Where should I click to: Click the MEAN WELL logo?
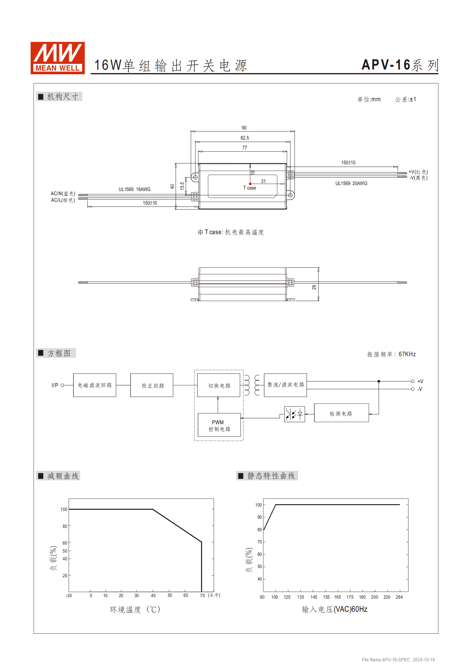(57, 58)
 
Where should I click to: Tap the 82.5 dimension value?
(244, 138)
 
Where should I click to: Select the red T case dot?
(250, 184)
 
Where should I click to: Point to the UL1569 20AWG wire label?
(351, 183)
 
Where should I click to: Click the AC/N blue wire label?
(63, 193)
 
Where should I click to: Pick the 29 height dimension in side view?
(314, 287)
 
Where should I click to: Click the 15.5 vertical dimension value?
(182, 186)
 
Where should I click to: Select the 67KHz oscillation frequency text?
(407, 354)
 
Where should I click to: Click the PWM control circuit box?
(219, 425)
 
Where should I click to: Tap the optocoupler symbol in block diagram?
(294, 414)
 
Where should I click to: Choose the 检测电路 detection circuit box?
(341, 413)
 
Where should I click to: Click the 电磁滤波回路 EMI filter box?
(95, 385)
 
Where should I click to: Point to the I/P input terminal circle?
(62, 385)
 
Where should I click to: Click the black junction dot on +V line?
(379, 381)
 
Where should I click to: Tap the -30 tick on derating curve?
(69, 595)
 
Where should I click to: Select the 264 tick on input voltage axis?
(399, 597)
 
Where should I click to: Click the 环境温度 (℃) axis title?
(135, 610)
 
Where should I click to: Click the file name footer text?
(398, 660)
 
